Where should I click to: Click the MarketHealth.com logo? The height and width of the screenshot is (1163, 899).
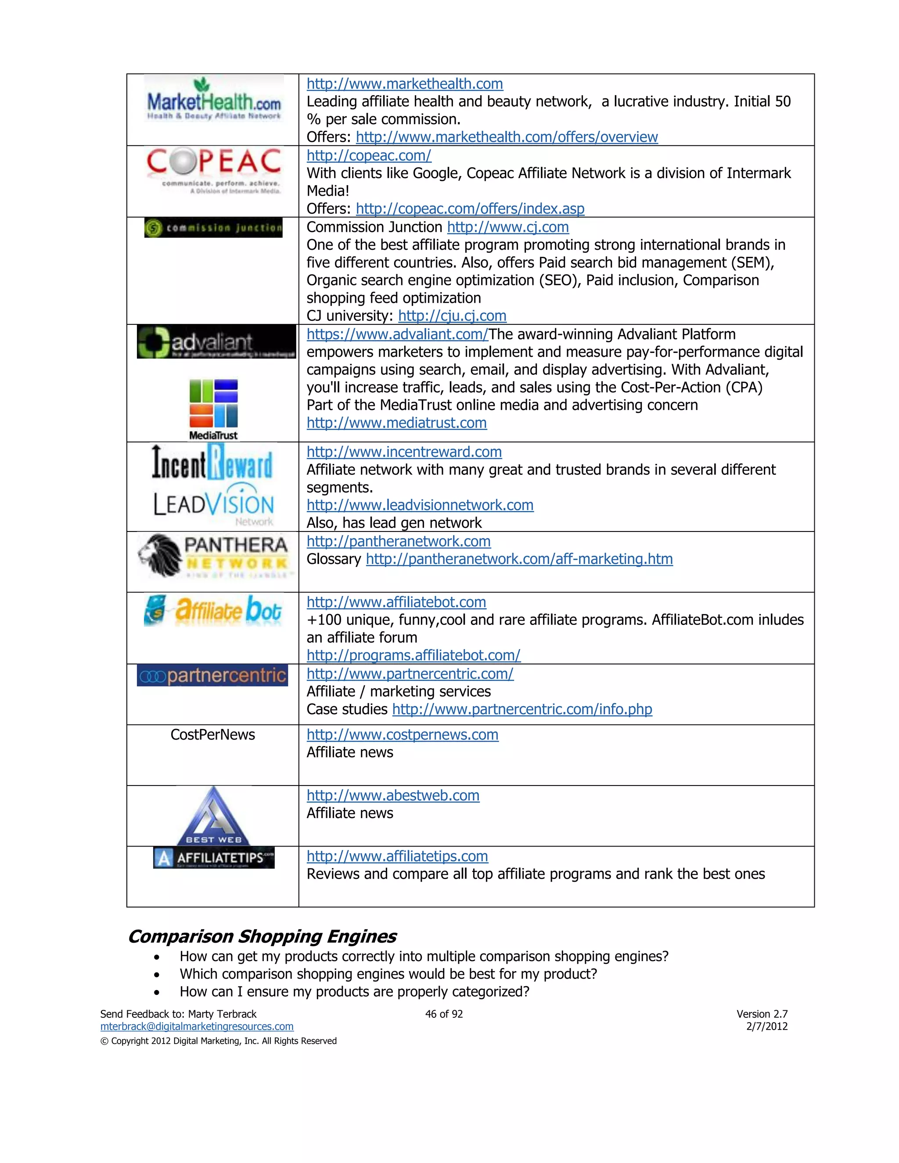point(214,100)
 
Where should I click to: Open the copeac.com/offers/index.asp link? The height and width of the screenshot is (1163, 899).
point(470,209)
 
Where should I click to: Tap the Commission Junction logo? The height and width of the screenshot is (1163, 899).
point(213,228)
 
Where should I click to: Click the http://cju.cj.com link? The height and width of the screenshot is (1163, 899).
point(452,316)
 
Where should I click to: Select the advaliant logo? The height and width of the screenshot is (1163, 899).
point(216,342)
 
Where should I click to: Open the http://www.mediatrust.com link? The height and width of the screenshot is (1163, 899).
point(396,423)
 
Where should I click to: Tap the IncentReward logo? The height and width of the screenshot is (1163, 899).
point(212,462)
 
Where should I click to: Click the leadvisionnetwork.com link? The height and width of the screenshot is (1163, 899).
point(420,505)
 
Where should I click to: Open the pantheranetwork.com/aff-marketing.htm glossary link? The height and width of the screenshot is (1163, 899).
point(519,559)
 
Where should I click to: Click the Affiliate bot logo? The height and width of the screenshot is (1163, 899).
point(212,610)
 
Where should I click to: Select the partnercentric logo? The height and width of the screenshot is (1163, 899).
point(212,675)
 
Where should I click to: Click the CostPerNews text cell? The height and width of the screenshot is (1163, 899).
point(212,735)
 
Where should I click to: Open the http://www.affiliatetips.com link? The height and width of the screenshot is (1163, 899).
point(397,856)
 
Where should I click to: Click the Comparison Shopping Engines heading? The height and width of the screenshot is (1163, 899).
point(262,937)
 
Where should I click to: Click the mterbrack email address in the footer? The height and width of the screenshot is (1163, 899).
point(197,1027)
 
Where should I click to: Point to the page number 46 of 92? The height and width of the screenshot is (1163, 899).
point(444,1014)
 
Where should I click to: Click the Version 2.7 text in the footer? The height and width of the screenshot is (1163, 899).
point(762,1014)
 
